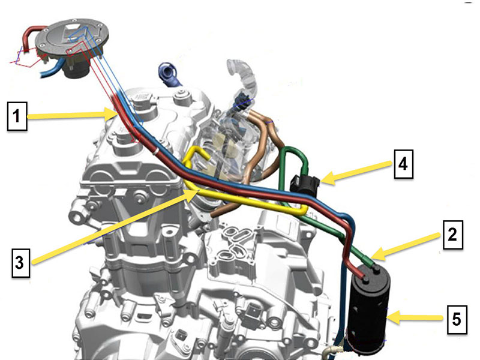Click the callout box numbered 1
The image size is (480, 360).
point(17,116)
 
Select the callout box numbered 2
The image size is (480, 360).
point(453,235)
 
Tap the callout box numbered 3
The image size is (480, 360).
point(21,263)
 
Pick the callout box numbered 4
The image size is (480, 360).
point(403,164)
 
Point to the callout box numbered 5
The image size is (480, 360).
point(457,319)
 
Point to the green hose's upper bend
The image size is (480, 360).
point(293,149)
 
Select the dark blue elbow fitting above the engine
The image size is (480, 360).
point(169,74)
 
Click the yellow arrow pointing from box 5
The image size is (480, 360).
point(415,317)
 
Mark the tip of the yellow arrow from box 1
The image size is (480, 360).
point(117,115)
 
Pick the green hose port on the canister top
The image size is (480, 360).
point(377,269)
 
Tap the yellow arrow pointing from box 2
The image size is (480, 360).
point(406,247)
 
